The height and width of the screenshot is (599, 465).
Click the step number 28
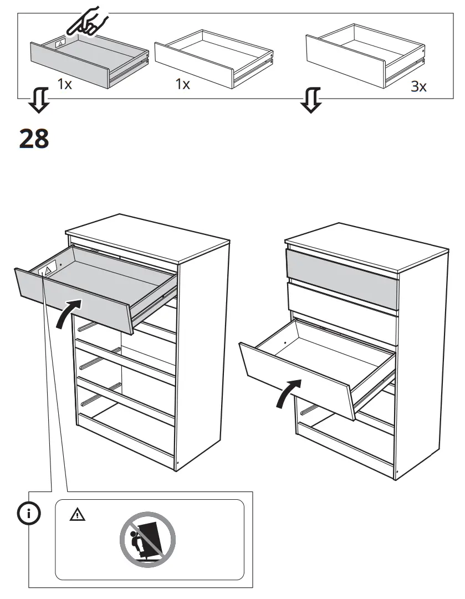[34, 139]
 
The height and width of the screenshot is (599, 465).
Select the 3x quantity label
[419, 87]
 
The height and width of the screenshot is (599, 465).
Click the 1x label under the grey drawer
[65, 85]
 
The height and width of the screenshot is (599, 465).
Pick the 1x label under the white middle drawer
[182, 85]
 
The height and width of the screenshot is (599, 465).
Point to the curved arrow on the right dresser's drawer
[289, 393]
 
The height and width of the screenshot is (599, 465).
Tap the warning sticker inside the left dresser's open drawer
[47, 270]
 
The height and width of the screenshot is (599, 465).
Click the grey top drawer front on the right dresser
[341, 278]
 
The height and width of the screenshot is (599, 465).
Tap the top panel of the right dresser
[366, 244]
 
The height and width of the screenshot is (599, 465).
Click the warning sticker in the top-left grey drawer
[59, 42]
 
